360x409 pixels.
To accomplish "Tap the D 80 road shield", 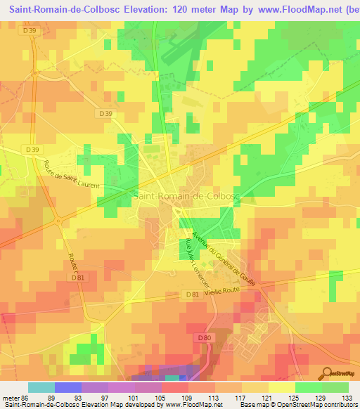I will (204, 338).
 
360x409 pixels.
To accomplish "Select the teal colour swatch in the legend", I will (41, 387).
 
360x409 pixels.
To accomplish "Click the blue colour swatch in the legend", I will (68, 387).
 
